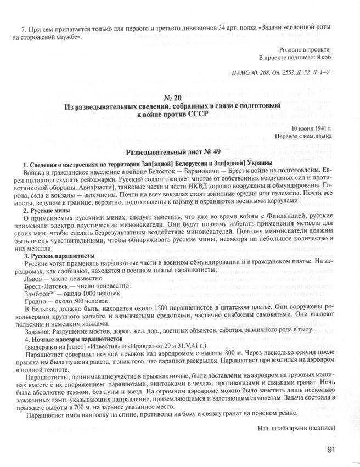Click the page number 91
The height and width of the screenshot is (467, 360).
(331, 450)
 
